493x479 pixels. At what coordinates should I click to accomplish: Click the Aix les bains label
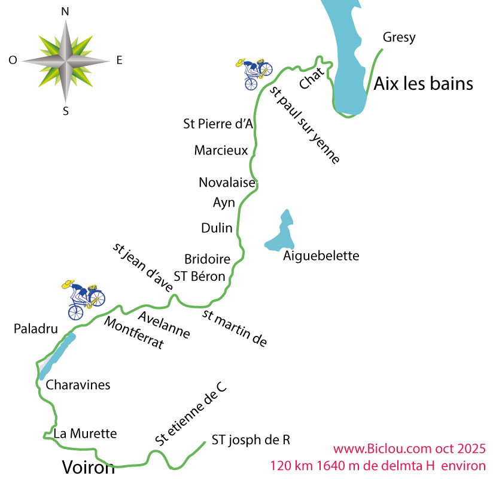pos(423,84)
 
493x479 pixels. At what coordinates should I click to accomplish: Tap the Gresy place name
pos(398,38)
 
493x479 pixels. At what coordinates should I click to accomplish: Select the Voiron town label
pos(89,467)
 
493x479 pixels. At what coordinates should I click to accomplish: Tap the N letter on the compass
pos(65,11)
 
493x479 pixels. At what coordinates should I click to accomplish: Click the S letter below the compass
pos(66,110)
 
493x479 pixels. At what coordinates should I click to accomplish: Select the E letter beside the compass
pos(119,60)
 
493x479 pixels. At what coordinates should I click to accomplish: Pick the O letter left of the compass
pos(13,60)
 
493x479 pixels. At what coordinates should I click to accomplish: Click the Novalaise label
pos(227,182)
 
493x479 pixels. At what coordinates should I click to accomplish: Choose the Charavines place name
pos(78,384)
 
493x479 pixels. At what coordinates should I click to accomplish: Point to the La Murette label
pos(84,433)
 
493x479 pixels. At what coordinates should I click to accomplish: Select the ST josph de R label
pos(251,440)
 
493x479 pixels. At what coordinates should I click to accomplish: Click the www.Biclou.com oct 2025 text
pos(409,448)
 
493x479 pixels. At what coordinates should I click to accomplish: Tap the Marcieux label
pos(221,150)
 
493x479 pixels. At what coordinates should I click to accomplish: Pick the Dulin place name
pos(217,228)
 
